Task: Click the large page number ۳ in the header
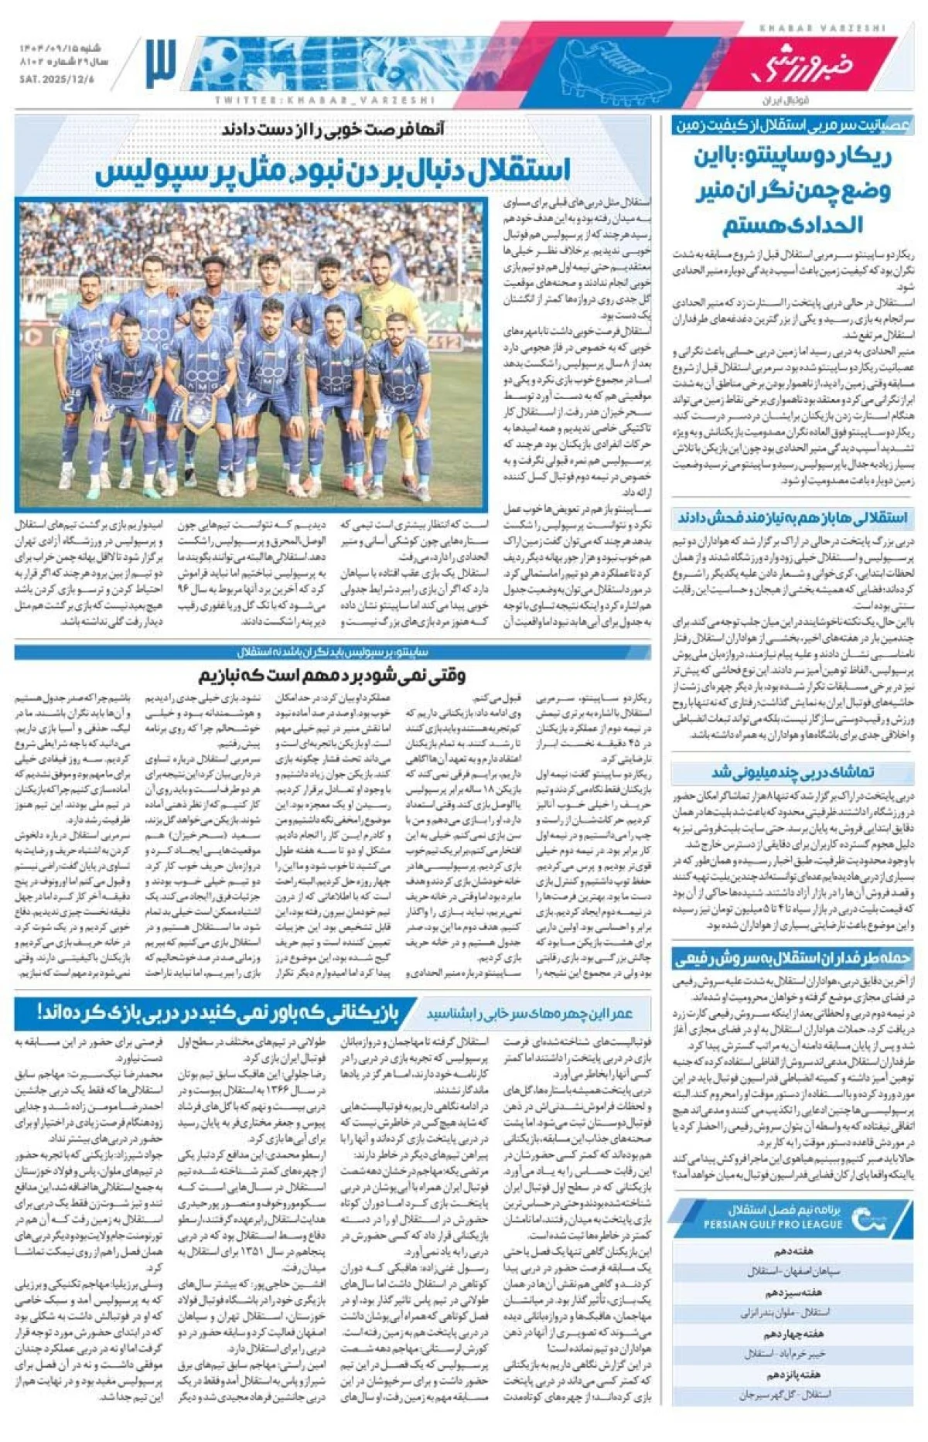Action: (160, 64)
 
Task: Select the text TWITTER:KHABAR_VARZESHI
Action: (325, 101)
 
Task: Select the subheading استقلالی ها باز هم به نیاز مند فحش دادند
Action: (793, 517)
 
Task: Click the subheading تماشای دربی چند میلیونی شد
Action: (793, 772)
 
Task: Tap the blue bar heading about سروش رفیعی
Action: (793, 959)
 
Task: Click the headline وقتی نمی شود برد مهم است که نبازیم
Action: (333, 675)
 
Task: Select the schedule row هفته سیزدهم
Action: (793, 1292)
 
